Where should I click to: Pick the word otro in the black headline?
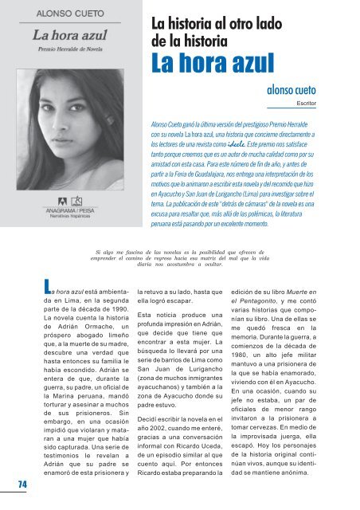pos(253,22)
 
